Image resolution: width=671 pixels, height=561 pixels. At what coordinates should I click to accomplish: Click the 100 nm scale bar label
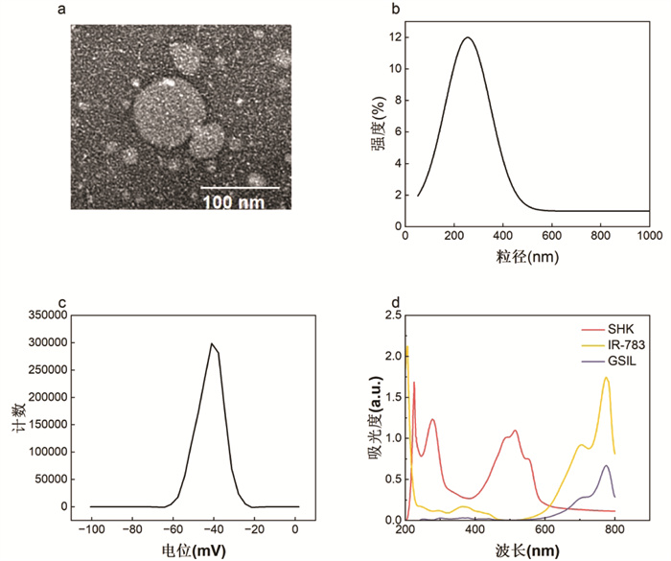pyautogui.click(x=234, y=202)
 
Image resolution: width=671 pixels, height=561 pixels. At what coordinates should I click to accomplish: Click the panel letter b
pyautogui.click(x=396, y=9)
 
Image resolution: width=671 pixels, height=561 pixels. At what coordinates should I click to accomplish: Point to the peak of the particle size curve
pyautogui.click(x=468, y=37)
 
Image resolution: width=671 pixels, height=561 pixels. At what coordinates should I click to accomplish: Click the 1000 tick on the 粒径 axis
pyautogui.click(x=650, y=236)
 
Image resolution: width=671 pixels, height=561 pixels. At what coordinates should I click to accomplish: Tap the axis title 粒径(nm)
pyautogui.click(x=527, y=256)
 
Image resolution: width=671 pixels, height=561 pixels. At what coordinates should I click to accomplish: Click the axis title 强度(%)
pyautogui.click(x=378, y=123)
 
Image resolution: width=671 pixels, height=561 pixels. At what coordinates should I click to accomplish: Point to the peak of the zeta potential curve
pyautogui.click(x=212, y=343)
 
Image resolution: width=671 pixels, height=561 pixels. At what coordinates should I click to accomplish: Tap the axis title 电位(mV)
pyautogui.click(x=194, y=550)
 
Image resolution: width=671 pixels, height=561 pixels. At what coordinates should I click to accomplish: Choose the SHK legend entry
pyautogui.click(x=607, y=329)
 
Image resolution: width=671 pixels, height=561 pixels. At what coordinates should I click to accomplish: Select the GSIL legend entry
pyautogui.click(x=609, y=361)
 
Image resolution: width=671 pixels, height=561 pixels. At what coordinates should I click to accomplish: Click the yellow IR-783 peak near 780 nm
pyautogui.click(x=606, y=377)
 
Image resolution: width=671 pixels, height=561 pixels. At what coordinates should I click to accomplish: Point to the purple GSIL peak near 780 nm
pyautogui.click(x=606, y=465)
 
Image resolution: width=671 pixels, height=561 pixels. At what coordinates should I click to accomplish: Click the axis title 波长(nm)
pyautogui.click(x=527, y=550)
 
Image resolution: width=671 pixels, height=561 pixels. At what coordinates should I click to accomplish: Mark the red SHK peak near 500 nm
pyautogui.click(x=515, y=431)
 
